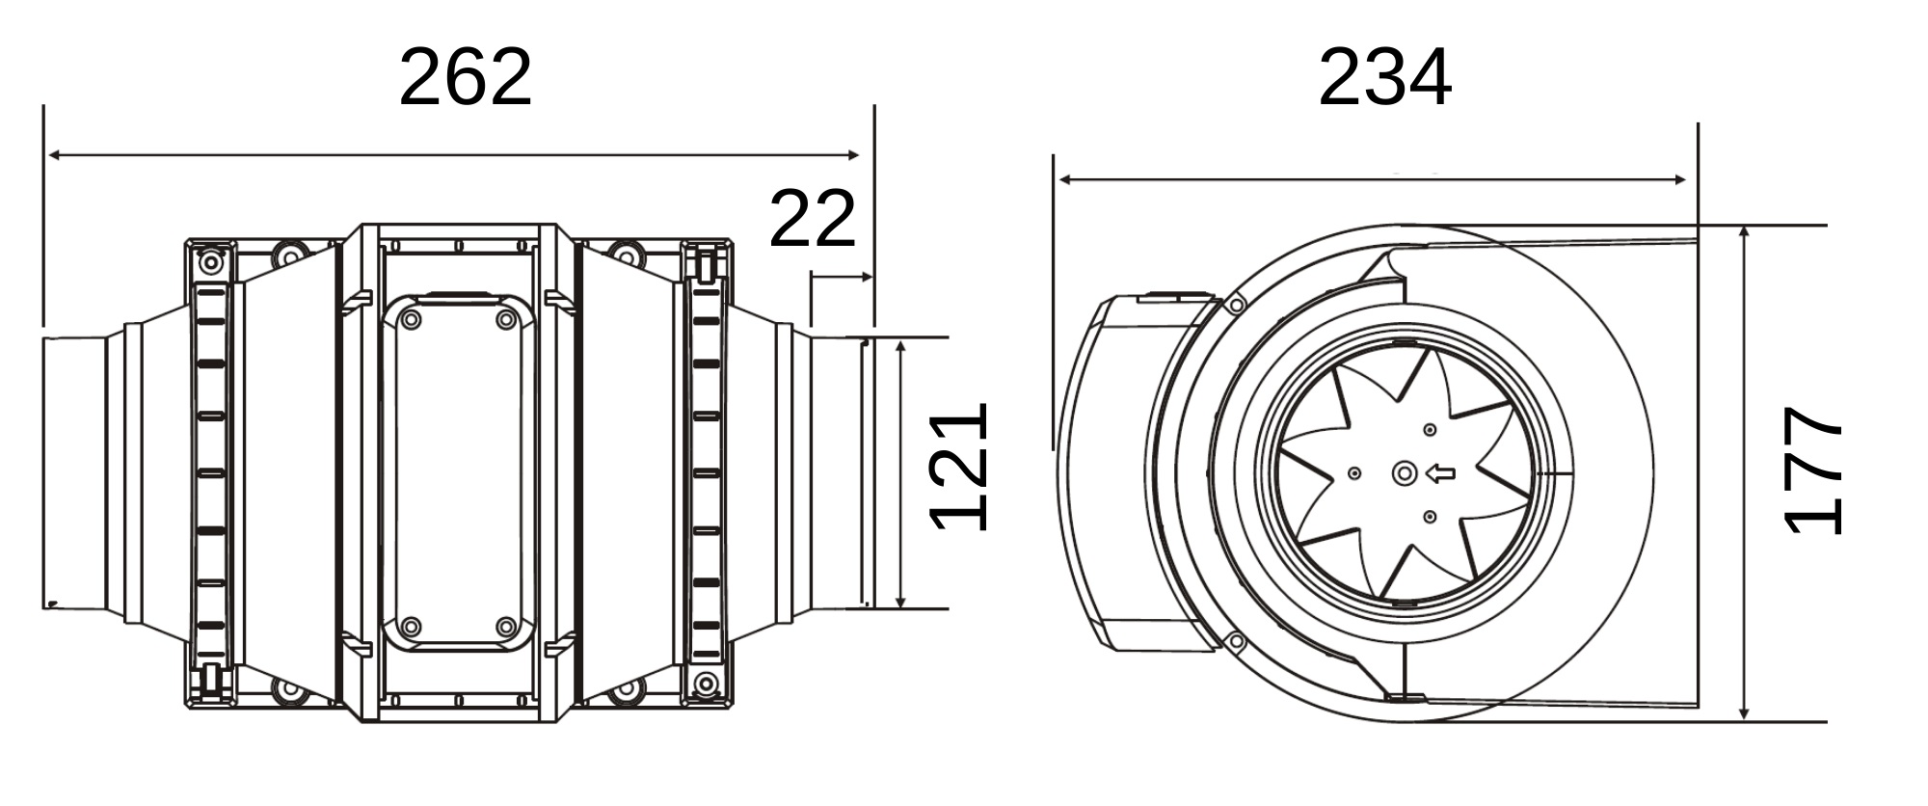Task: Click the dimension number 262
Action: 465,77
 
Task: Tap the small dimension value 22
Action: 813,219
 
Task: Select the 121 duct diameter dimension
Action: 959,468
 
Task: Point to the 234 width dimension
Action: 1384,78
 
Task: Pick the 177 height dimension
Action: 1813,470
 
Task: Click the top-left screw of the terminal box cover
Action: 412,319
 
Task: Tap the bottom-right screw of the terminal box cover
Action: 506,628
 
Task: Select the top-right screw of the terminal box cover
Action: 506,319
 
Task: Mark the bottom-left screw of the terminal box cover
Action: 412,628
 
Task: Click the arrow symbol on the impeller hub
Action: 1440,473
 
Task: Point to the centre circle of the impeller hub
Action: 1405,473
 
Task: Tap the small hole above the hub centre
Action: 1430,430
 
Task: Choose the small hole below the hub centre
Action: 1430,518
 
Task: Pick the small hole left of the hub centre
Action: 1354,473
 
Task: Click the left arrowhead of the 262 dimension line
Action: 56,154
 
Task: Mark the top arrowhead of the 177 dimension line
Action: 1745,234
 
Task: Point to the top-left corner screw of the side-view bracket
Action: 211,262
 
